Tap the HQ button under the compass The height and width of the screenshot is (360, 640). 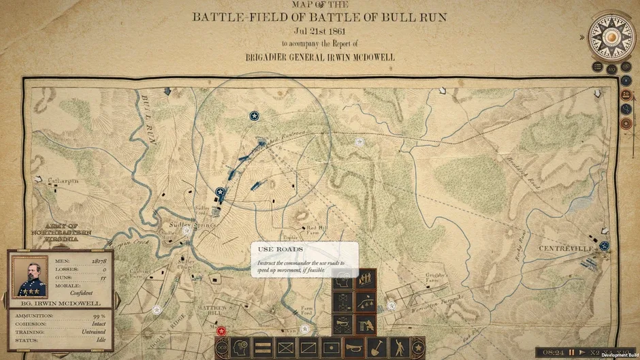click(611, 68)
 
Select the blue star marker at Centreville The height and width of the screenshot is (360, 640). click(604, 246)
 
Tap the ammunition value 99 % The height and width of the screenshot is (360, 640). click(98, 317)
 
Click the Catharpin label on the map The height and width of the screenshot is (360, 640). click(64, 181)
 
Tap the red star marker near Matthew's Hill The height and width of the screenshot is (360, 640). click(221, 331)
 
